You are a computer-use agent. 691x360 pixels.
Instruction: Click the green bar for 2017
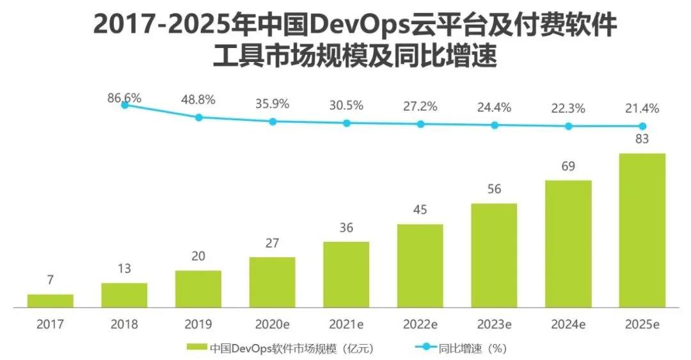tap(50, 301)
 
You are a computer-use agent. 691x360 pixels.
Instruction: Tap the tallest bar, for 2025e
tap(642, 231)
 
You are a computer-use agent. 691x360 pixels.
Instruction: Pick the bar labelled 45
tap(420, 266)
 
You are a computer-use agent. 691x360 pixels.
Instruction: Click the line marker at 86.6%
tap(125, 105)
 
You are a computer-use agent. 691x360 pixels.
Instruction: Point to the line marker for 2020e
tap(273, 121)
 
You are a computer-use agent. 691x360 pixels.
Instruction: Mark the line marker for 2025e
tap(642, 127)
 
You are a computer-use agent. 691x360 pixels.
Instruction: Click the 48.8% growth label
tap(198, 100)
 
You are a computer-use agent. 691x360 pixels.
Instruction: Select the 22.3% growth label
tap(568, 109)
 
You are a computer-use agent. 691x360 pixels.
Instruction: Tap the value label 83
tap(642, 140)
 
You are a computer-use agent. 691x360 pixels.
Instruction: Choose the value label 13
tap(124, 269)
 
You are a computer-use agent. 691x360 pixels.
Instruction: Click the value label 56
tap(494, 190)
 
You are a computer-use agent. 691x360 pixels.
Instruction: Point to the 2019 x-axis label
tap(198, 324)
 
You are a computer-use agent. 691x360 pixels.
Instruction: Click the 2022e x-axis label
tap(420, 324)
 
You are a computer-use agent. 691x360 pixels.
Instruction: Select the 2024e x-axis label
tap(568, 324)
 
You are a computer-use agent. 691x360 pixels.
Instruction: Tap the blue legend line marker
tap(422, 348)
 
